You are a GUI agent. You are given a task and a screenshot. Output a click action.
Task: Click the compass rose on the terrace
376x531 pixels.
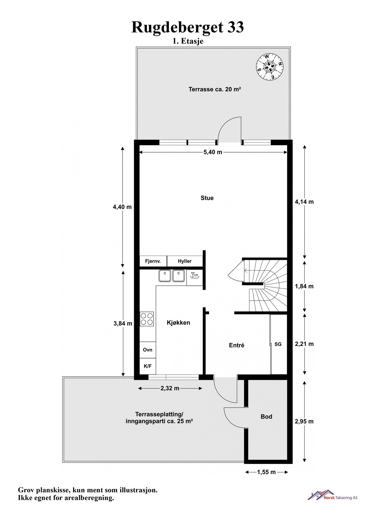pos(269,67)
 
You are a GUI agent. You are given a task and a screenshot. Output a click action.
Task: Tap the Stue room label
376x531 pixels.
pos(207,198)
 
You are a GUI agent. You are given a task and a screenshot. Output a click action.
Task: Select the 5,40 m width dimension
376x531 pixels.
pos(213,152)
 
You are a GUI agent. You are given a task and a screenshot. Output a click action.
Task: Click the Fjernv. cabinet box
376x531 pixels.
pos(153,261)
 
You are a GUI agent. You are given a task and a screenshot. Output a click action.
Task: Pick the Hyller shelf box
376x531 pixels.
pos(185,261)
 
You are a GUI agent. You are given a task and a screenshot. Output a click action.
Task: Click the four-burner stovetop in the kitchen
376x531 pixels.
pos(147,319)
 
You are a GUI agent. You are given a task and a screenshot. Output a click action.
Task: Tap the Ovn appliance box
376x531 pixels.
pos(147,350)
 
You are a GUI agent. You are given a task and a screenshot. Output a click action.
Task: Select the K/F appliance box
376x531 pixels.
pos(147,366)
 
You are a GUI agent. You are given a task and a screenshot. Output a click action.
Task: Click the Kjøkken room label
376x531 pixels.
pos(178,323)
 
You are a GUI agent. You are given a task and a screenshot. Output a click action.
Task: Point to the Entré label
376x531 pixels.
pos(237,345)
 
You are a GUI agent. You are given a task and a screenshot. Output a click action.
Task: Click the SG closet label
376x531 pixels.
pos(278,344)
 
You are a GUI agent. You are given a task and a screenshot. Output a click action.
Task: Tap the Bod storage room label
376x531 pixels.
pos(266,417)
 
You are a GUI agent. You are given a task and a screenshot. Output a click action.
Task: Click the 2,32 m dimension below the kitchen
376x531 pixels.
pos(170,388)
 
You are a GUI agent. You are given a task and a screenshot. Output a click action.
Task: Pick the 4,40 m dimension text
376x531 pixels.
pos(122,207)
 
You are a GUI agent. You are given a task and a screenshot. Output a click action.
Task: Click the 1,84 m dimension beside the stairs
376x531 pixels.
pos(304,286)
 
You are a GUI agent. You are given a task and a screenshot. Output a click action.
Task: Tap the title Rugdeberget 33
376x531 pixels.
pos(188,27)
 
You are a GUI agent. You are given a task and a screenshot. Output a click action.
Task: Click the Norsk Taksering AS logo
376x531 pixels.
pos(332,497)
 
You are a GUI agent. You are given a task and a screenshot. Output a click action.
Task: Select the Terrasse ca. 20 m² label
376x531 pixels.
pos(215,89)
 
